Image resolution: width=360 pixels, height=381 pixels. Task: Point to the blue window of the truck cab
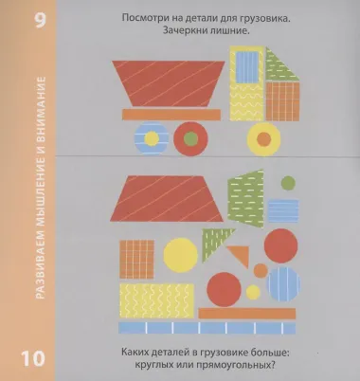[x=247, y=68]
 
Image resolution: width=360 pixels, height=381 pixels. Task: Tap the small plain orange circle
[x=260, y=271]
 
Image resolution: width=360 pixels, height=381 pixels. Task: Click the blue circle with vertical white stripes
[x=283, y=281]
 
